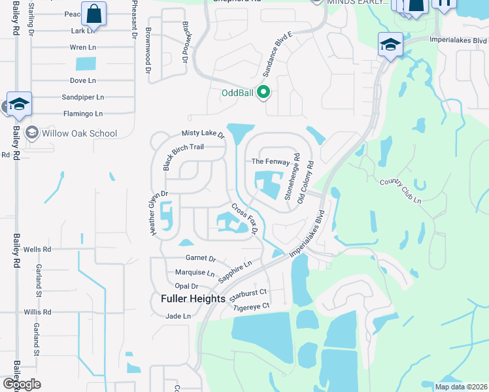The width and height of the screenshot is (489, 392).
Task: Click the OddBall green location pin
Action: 263,92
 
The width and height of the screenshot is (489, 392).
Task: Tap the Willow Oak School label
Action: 80,133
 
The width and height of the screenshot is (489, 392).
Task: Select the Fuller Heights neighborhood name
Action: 193,299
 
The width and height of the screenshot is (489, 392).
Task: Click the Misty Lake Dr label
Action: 203,134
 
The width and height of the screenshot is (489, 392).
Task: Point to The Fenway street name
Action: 271,161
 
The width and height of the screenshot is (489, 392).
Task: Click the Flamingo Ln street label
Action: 80,114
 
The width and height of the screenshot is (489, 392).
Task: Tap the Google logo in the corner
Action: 22,384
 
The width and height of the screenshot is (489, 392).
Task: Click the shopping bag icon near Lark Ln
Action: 93,14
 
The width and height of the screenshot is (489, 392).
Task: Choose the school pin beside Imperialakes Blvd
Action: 390,44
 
